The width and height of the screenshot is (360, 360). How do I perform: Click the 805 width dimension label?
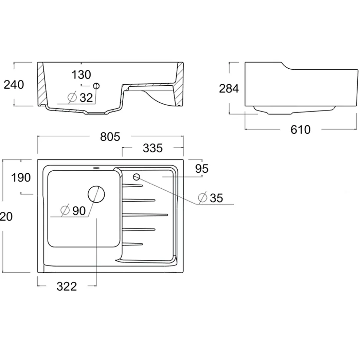click(x=110, y=137)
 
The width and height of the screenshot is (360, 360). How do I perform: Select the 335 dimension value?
click(x=153, y=148)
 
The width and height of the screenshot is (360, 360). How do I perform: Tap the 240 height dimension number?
click(x=14, y=85)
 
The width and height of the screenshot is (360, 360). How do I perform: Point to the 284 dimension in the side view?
click(x=229, y=89)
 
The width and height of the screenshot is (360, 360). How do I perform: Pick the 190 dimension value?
click(x=21, y=178)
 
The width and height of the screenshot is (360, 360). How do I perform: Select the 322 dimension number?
click(x=66, y=286)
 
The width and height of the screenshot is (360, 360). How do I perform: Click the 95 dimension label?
click(x=202, y=169)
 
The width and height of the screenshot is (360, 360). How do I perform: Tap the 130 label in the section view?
click(x=81, y=75)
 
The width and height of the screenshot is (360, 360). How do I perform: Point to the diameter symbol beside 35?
click(x=202, y=198)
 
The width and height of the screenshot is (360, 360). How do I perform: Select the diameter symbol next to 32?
click(x=72, y=98)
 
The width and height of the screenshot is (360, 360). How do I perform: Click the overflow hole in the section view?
click(x=96, y=86)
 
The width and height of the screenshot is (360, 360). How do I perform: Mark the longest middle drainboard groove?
click(x=145, y=215)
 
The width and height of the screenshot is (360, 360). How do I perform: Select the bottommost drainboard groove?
click(x=132, y=244)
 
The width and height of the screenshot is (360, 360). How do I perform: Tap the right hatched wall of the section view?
click(x=179, y=83)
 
